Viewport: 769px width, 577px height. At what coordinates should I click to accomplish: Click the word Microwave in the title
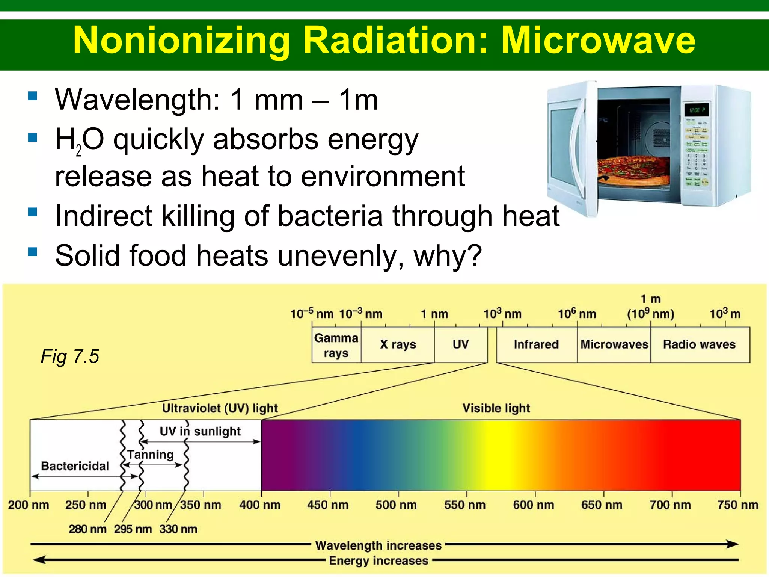pyautogui.click(x=598, y=41)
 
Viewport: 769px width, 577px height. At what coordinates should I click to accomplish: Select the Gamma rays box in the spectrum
pyautogui.click(x=336, y=345)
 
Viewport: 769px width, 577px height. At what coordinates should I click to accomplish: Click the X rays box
pyautogui.click(x=398, y=344)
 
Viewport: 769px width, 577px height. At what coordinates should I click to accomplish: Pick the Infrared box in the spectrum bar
pyautogui.click(x=536, y=344)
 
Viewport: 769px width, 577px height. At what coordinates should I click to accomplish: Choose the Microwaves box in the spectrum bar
pyautogui.click(x=614, y=344)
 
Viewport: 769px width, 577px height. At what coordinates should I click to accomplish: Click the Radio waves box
pyautogui.click(x=699, y=344)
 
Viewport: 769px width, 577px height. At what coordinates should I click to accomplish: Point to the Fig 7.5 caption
pyautogui.click(x=69, y=356)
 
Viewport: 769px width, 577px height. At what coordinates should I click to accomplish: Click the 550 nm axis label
pyautogui.click(x=464, y=504)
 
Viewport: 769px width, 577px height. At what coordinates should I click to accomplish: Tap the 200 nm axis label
pyautogui.click(x=29, y=504)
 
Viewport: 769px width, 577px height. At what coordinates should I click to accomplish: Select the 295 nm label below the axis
pyautogui.click(x=133, y=529)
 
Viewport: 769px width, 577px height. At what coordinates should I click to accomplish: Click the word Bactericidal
pyautogui.click(x=75, y=466)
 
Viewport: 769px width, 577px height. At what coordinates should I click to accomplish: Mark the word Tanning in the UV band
pyautogui.click(x=150, y=455)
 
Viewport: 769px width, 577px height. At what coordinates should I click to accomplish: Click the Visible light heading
pyautogui.click(x=496, y=408)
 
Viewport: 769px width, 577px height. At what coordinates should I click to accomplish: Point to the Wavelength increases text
pyautogui.click(x=378, y=545)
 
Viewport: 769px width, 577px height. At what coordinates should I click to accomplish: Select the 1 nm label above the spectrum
pyautogui.click(x=434, y=314)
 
